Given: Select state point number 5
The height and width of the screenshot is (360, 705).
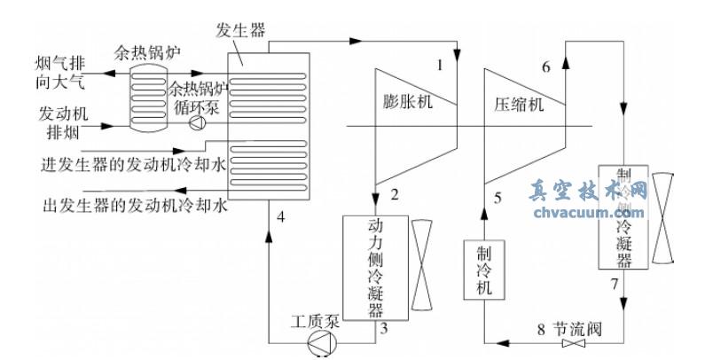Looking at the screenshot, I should coord(497,197).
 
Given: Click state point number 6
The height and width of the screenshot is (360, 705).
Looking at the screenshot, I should coord(546,67).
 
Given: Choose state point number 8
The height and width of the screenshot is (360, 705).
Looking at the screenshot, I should coord(540,330).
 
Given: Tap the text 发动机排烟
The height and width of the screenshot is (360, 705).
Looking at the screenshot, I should coord(61,124).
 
